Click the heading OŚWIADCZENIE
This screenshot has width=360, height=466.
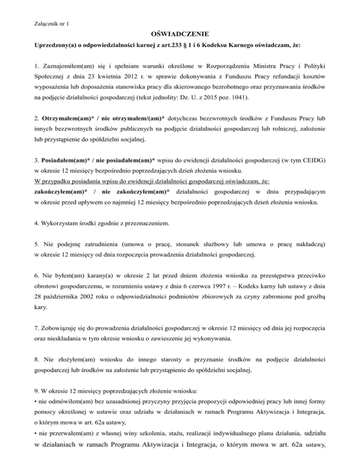[x=180, y=34]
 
